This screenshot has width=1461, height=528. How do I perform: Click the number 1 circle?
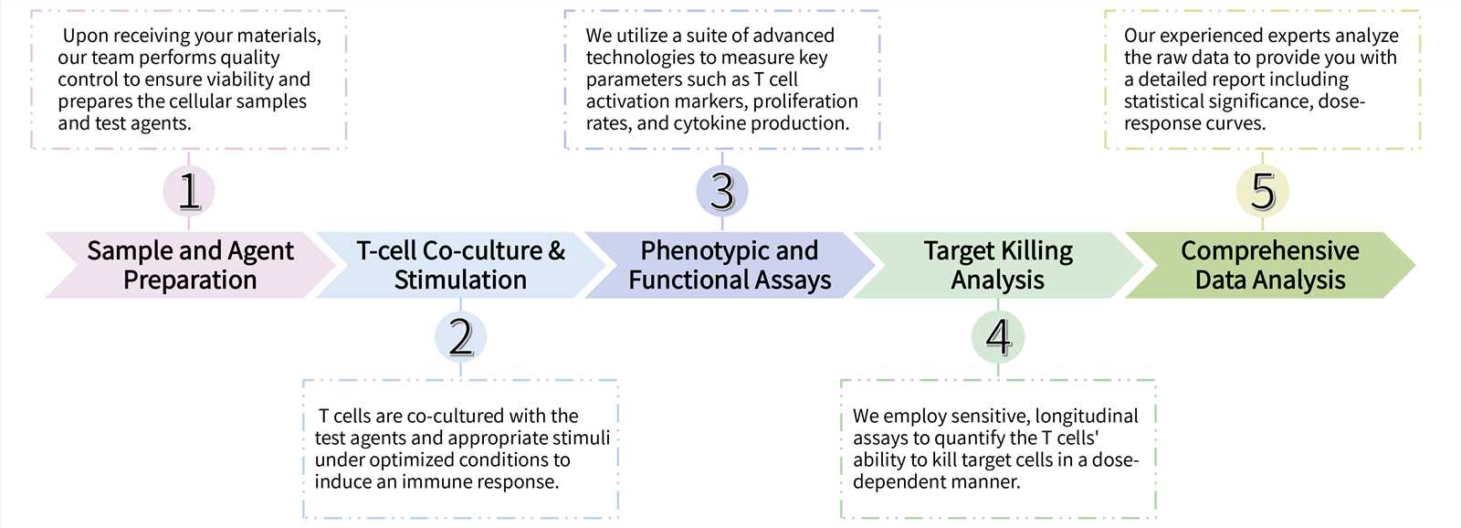(189, 191)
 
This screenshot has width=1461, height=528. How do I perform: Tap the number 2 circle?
(460, 337)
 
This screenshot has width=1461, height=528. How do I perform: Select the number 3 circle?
(722, 191)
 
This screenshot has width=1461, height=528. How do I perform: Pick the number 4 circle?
(998, 337)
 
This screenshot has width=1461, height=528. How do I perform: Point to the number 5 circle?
(1263, 191)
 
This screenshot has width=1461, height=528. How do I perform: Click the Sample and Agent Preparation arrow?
(190, 265)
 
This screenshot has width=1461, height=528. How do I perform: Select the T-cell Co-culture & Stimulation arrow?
(460, 265)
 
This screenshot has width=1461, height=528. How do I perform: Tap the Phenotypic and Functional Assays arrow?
(729, 265)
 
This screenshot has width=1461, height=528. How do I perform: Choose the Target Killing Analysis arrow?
(997, 265)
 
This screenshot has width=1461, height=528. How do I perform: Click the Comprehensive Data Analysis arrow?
(1269, 265)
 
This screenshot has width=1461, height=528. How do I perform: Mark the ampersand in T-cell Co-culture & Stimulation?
(557, 251)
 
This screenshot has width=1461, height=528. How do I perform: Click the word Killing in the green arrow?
(1036, 251)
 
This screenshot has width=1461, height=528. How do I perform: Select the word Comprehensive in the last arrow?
(1269, 251)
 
